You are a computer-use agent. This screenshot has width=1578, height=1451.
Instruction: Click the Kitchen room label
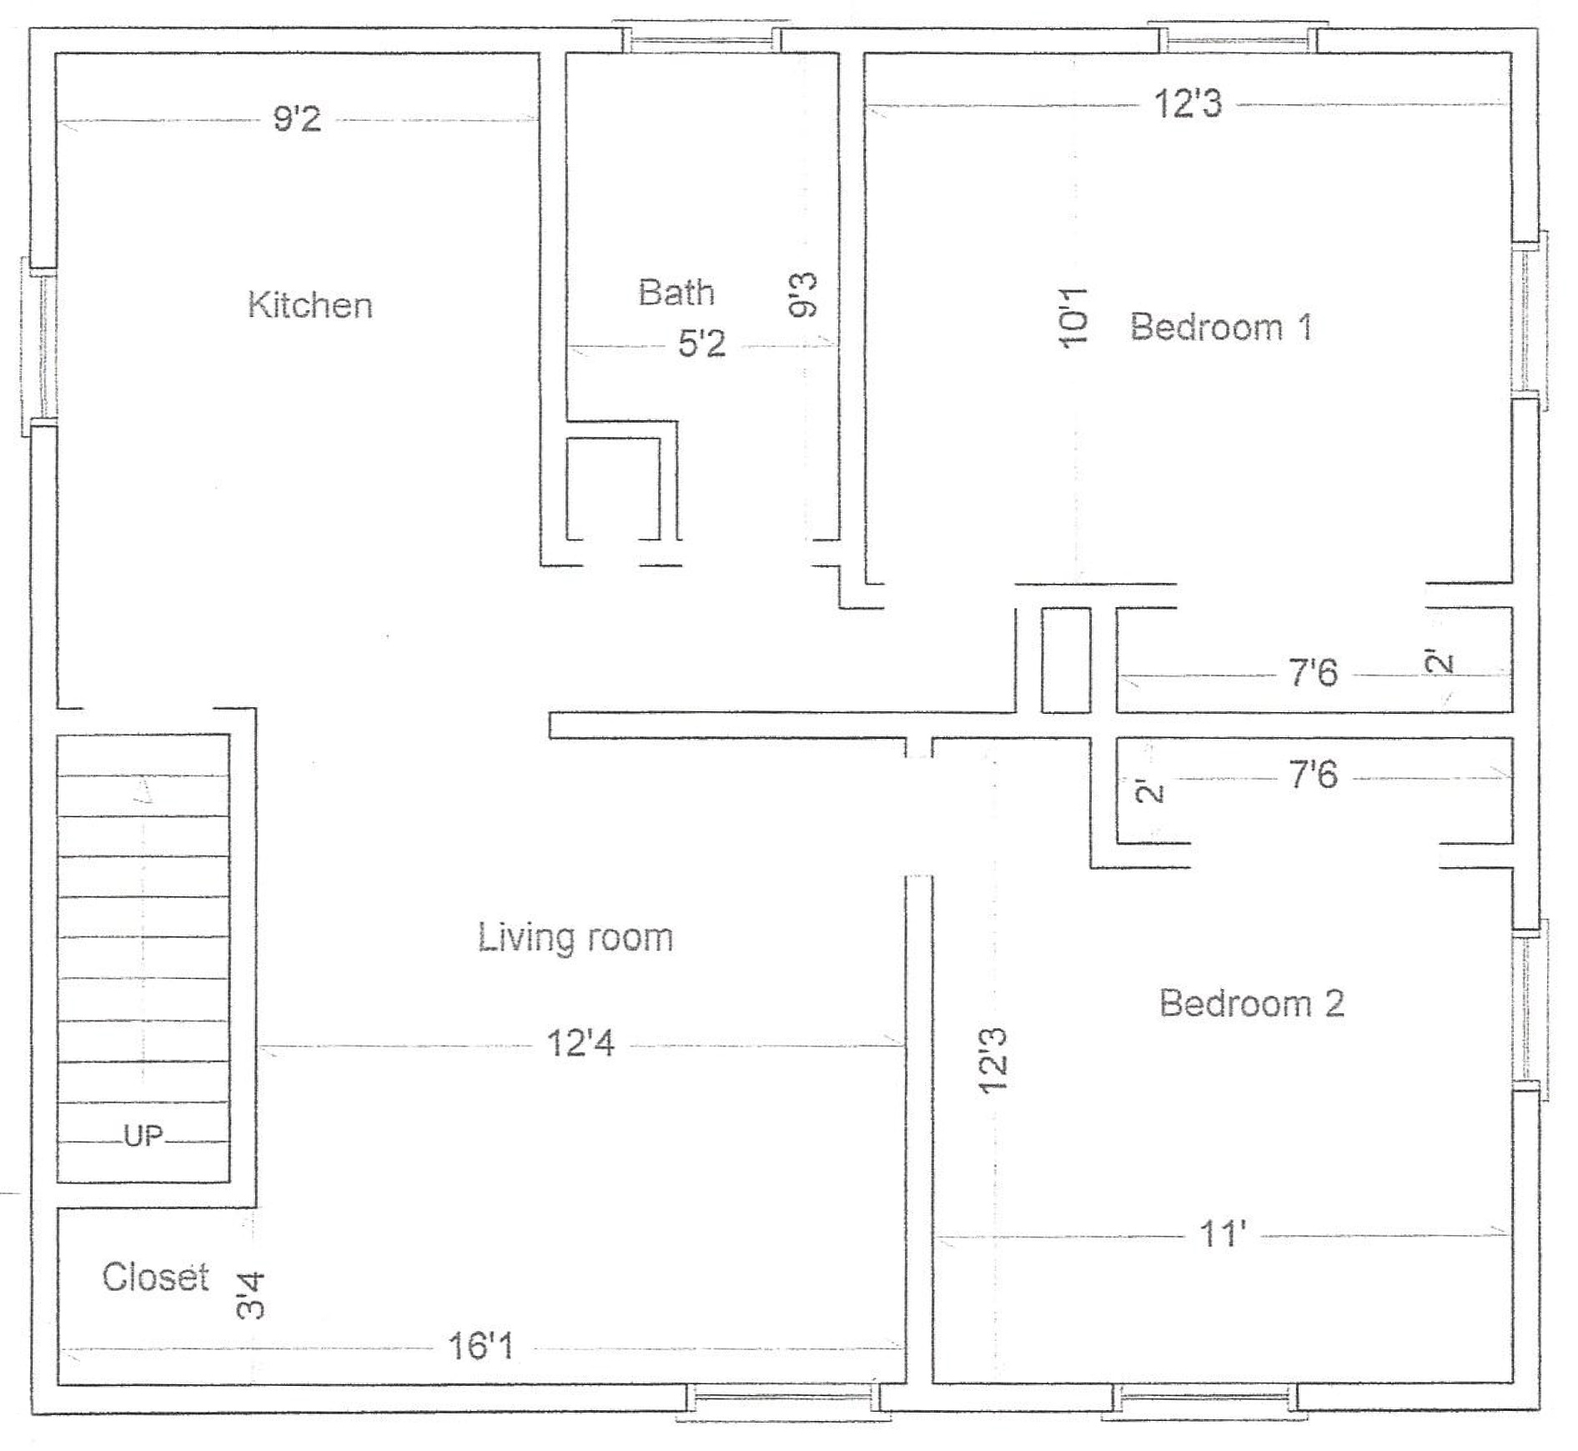(309, 305)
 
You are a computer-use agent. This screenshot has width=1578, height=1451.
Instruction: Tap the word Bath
(676, 293)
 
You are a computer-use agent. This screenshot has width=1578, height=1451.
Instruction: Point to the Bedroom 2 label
(1251, 1002)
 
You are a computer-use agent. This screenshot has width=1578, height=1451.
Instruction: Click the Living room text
(575, 939)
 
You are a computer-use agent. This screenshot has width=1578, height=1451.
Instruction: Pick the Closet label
(155, 1277)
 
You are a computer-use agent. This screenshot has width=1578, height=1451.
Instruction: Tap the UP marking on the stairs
(143, 1136)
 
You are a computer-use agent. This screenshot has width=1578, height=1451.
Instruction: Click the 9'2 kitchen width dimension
(297, 119)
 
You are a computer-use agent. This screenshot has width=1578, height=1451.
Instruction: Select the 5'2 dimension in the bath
(701, 344)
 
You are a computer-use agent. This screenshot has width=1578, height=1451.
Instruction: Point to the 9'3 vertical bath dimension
(803, 295)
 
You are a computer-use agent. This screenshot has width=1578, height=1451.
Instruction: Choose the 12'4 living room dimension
(580, 1043)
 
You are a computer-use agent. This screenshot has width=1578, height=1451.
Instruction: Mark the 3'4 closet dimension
(250, 1295)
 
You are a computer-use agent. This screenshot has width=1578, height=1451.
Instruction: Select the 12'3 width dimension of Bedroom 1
(1188, 104)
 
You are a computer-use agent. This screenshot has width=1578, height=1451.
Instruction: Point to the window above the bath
(702, 37)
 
